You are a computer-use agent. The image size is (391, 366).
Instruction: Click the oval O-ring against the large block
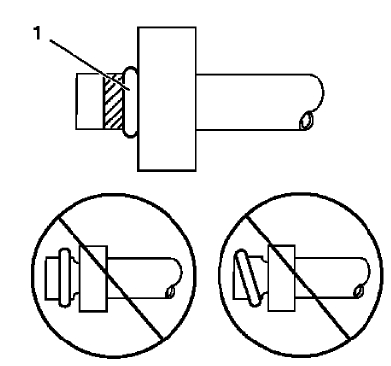(129, 102)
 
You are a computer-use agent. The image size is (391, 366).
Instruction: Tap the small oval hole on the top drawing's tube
(308, 121)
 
